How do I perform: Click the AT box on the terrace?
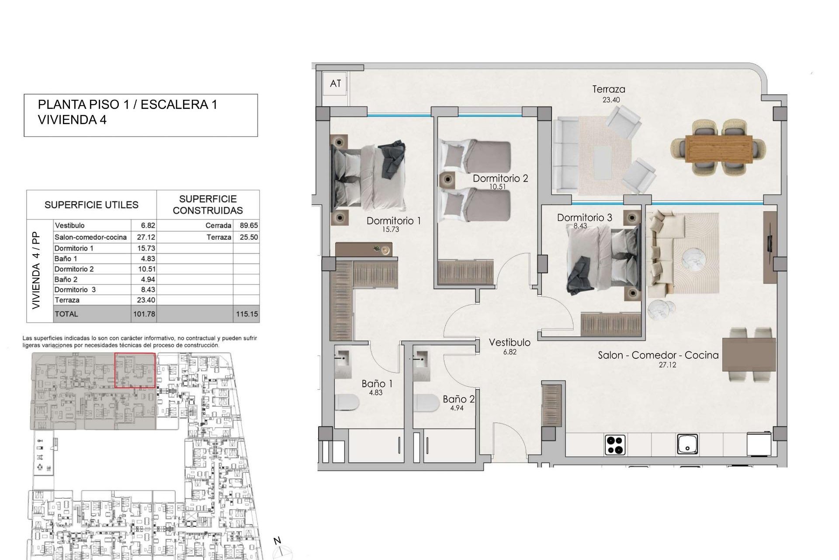pyautogui.click(x=335, y=84)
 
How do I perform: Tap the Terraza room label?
pyautogui.click(x=608, y=89)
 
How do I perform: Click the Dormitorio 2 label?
pyautogui.click(x=500, y=178)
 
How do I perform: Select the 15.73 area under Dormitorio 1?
pyautogui.click(x=390, y=229)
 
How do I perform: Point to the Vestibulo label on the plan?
pyautogui.click(x=510, y=343)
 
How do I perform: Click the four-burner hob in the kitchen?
pyautogui.click(x=615, y=445)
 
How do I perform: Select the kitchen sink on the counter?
pyautogui.click(x=687, y=444)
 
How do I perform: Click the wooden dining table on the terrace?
pyautogui.click(x=718, y=149)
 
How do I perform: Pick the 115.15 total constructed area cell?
pyautogui.click(x=247, y=314)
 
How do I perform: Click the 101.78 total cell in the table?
pyautogui.click(x=144, y=314)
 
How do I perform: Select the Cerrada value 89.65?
pyautogui.click(x=249, y=226)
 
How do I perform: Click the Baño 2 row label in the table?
pyautogui.click(x=66, y=280)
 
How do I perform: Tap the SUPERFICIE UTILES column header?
pyautogui.click(x=91, y=205)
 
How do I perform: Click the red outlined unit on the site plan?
pyautogui.click(x=135, y=371)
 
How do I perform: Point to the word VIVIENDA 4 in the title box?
pyautogui.click(x=72, y=120)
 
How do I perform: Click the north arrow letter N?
pyautogui.click(x=277, y=541)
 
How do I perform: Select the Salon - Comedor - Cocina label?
pyautogui.click(x=658, y=355)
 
